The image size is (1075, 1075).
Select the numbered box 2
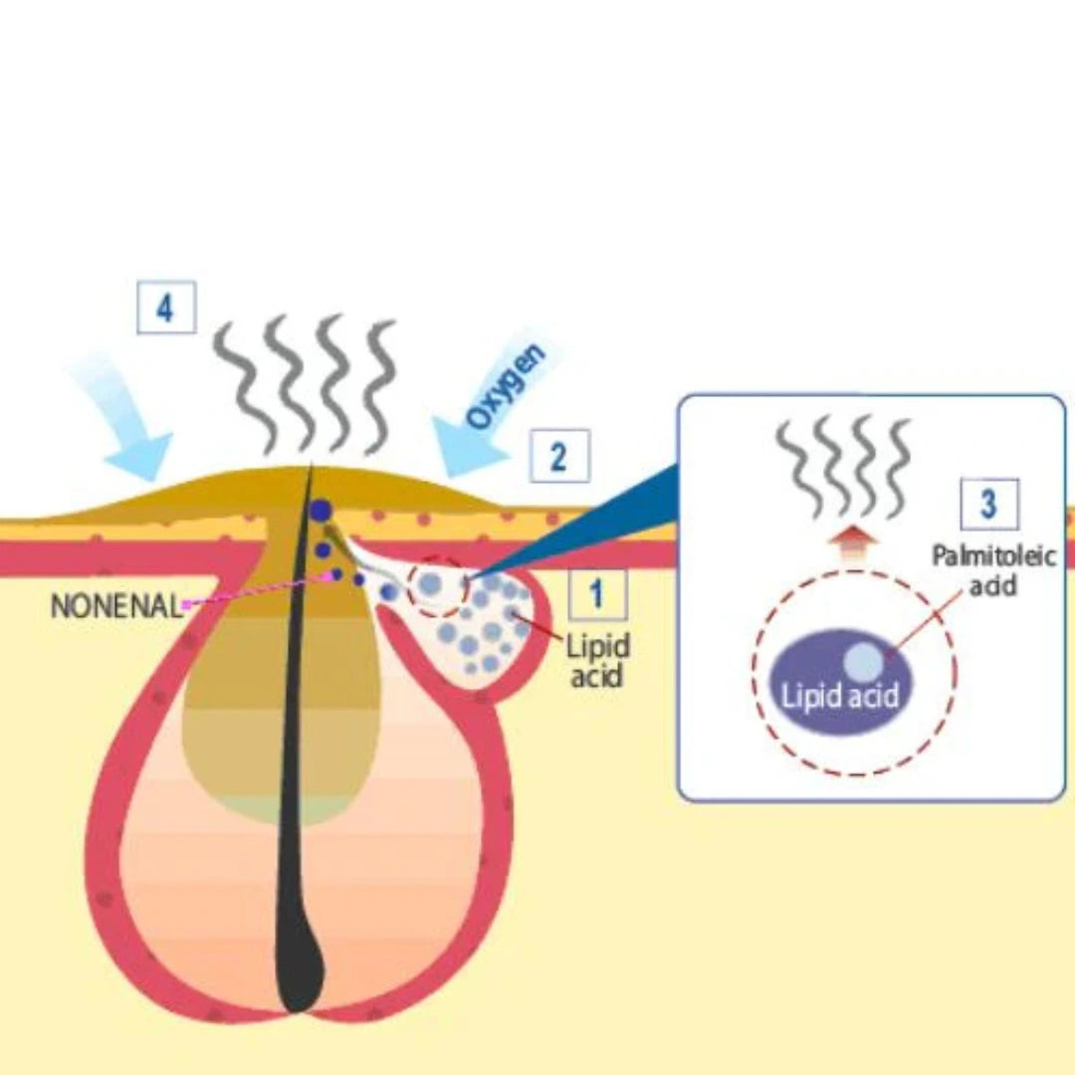[x=558, y=457]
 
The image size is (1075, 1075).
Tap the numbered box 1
[x=597, y=595]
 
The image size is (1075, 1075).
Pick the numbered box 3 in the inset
[x=989, y=504]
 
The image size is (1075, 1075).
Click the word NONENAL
[x=116, y=605]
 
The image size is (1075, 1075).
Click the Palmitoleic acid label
[x=992, y=569]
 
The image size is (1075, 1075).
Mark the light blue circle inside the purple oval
[x=863, y=661]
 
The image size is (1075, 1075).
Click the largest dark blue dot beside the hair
[x=321, y=512]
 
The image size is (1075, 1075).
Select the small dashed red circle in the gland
[x=438, y=585]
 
